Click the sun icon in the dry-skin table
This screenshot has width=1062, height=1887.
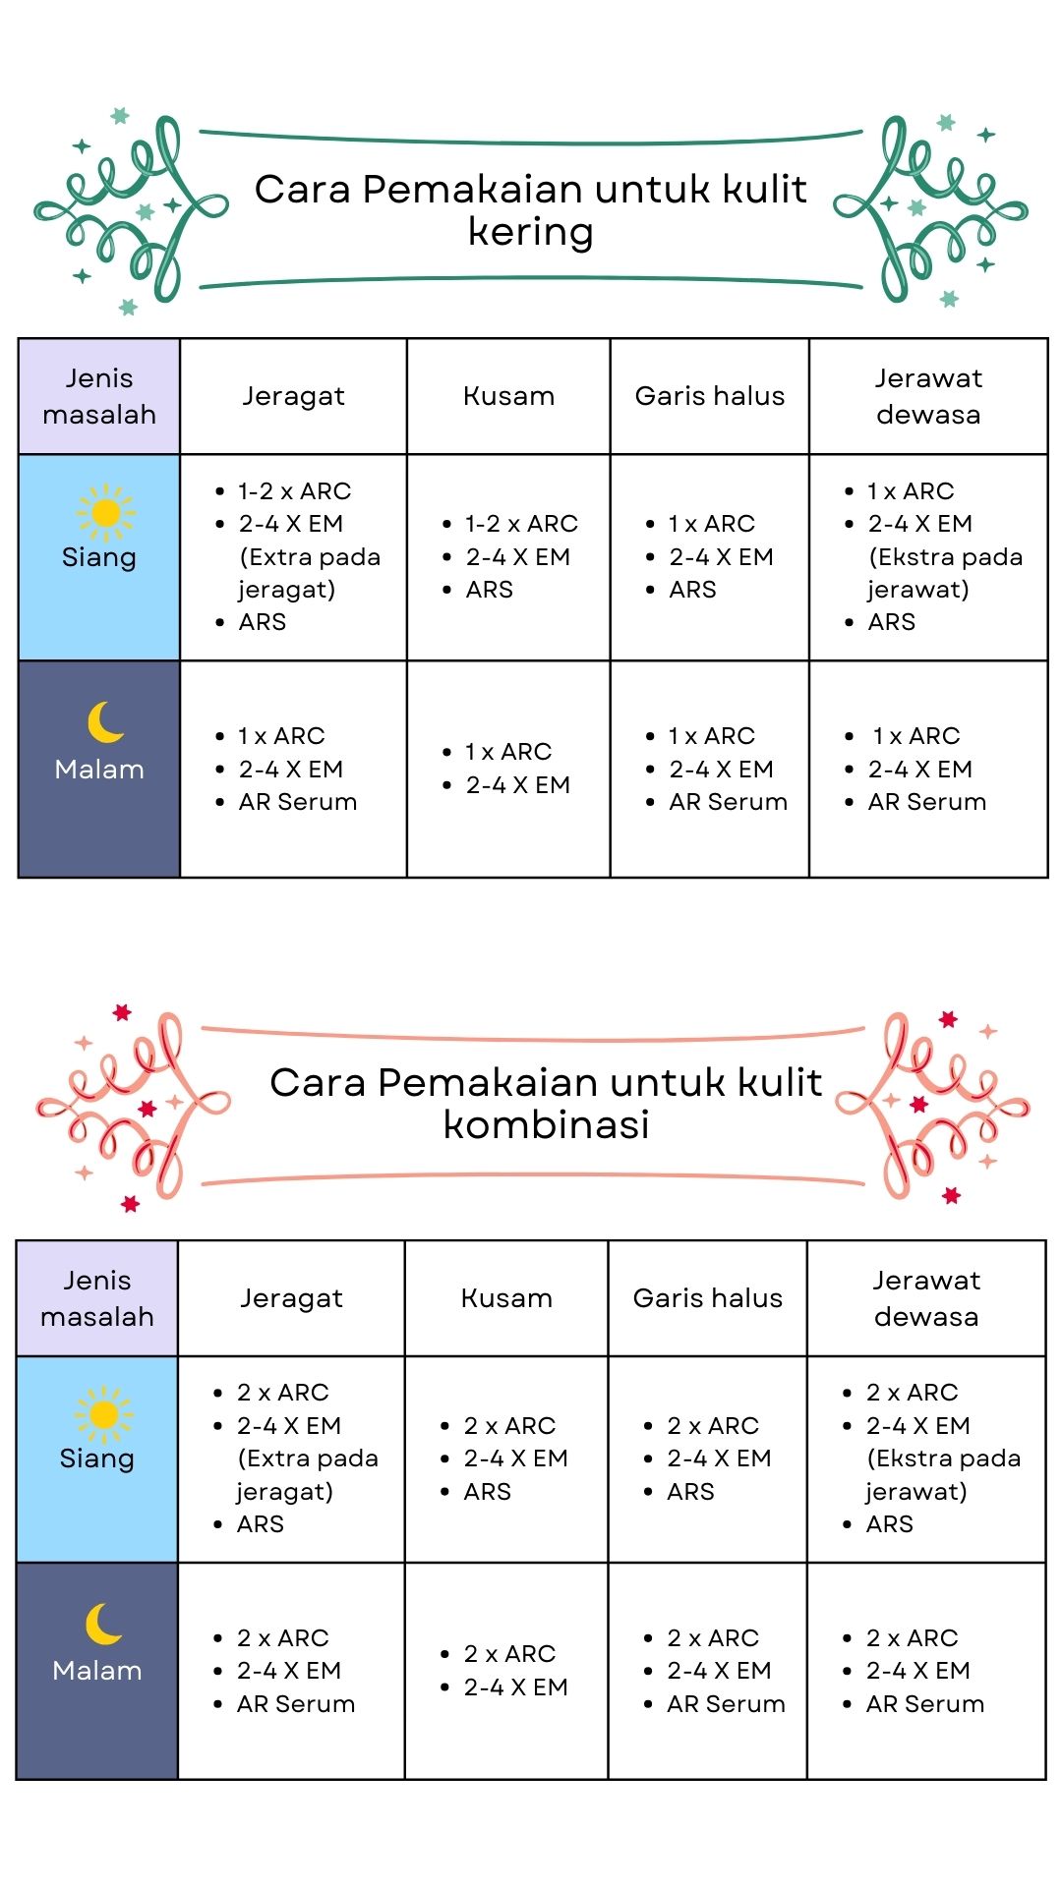(x=105, y=512)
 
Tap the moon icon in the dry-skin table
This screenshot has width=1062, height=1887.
(x=105, y=722)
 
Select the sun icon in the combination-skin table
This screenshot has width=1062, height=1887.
(x=103, y=1414)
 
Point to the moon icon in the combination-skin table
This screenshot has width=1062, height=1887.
(x=103, y=1624)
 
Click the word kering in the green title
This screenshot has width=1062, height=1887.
(x=531, y=232)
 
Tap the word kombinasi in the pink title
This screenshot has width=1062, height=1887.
(x=546, y=1124)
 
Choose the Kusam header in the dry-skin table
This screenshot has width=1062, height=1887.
(x=508, y=396)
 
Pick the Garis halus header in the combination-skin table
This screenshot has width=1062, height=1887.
(x=708, y=1298)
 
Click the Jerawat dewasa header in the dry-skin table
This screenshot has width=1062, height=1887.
(x=928, y=396)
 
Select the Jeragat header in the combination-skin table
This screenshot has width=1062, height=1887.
(x=291, y=1298)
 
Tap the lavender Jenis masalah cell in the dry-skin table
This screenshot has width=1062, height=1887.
(x=99, y=396)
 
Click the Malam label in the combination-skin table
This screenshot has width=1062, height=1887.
(x=97, y=1671)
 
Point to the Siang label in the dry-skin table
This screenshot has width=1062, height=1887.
(x=99, y=557)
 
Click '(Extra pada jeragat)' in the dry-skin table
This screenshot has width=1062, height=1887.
(x=309, y=573)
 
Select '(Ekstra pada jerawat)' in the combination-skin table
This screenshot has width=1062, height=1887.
(x=942, y=1474)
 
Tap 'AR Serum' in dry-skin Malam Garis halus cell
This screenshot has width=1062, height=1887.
(x=728, y=802)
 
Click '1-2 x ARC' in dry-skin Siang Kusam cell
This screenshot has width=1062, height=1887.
(x=521, y=524)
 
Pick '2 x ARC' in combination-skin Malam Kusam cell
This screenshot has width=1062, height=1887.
(x=509, y=1654)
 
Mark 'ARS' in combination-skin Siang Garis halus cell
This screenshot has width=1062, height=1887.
(x=690, y=1492)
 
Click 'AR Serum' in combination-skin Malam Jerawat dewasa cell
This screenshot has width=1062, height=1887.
(x=924, y=1704)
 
